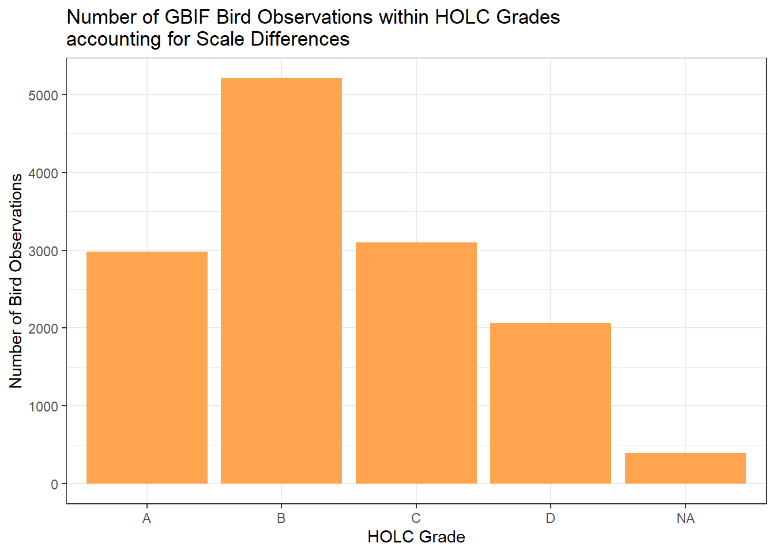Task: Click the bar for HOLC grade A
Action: (x=147, y=368)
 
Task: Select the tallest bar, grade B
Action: (x=281, y=281)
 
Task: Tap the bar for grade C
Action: (x=416, y=363)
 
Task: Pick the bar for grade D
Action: (x=551, y=403)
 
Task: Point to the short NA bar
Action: (x=686, y=468)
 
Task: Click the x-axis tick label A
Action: (x=147, y=518)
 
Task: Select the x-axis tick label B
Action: (x=281, y=518)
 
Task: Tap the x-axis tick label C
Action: (x=416, y=518)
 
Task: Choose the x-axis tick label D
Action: (x=551, y=518)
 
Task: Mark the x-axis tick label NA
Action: (x=686, y=518)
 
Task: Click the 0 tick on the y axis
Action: (x=54, y=484)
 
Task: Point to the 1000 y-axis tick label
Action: (x=43, y=406)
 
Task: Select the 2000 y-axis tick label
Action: (x=43, y=328)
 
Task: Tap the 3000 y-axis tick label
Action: (x=43, y=251)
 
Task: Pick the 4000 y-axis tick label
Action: (x=43, y=173)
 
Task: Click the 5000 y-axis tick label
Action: (x=43, y=95)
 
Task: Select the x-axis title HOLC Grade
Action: (x=416, y=537)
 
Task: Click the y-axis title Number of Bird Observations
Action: (x=16, y=280)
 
